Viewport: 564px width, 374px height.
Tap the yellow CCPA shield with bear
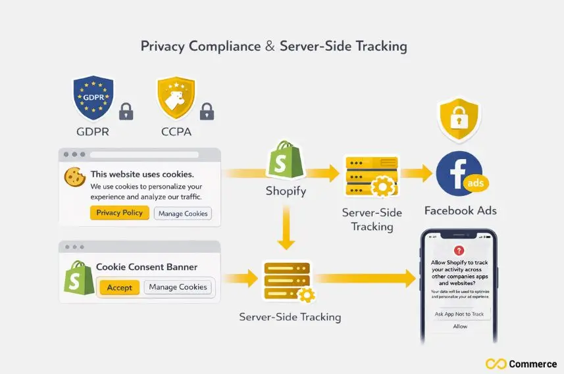click(176, 97)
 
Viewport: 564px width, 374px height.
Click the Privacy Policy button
click(119, 213)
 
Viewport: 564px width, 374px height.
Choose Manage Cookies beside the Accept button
click(178, 287)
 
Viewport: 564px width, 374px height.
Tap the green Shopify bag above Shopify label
click(285, 160)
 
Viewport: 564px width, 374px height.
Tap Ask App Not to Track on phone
click(459, 314)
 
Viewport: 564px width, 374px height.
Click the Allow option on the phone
click(460, 326)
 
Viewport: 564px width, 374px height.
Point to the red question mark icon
click(459, 250)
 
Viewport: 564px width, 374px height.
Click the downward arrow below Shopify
click(285, 227)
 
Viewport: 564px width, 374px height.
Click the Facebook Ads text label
click(460, 211)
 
